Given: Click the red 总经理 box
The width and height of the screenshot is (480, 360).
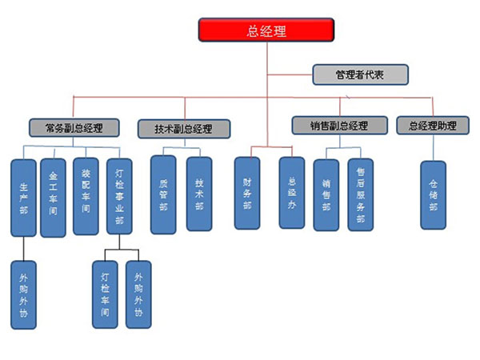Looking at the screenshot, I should click(x=266, y=30).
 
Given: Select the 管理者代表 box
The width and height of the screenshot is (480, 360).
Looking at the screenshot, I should click(x=360, y=75).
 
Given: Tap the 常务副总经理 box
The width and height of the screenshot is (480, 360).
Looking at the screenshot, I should click(x=74, y=126).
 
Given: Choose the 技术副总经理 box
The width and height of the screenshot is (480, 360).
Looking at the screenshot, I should click(x=184, y=128).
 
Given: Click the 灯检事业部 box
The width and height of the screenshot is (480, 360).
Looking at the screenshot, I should click(x=118, y=197).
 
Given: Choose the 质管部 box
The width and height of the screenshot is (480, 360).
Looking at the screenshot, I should click(x=163, y=194).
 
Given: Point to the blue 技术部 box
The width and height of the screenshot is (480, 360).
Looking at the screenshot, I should click(x=198, y=194).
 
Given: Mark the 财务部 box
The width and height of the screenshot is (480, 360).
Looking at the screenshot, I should click(x=247, y=193).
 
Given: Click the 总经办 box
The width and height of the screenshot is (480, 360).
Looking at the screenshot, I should click(x=291, y=193).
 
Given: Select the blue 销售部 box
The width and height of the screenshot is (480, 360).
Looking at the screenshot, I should click(x=326, y=194).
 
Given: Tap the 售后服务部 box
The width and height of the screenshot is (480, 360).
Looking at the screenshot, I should click(x=360, y=194).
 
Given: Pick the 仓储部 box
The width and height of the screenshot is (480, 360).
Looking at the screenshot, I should click(x=433, y=194).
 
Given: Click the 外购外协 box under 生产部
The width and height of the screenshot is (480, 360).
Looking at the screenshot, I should click(x=24, y=295).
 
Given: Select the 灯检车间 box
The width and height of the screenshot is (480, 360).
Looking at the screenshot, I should click(x=105, y=295).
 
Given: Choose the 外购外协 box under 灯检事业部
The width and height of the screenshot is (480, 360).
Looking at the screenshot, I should click(x=138, y=295).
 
